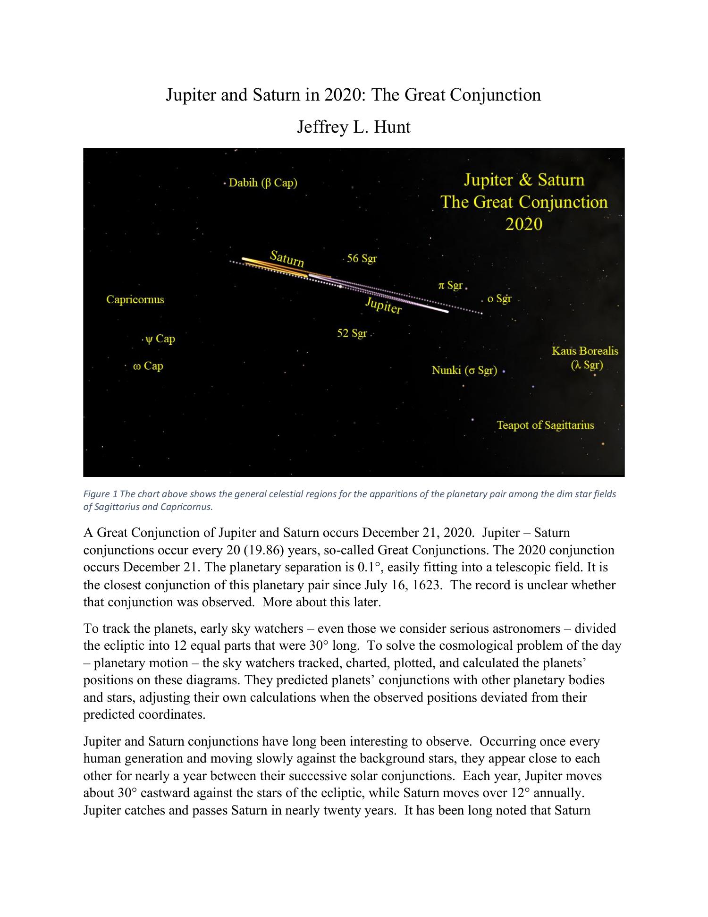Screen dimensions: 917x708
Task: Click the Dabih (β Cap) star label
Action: [x=263, y=183]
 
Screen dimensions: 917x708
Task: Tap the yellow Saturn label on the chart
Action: [x=287, y=258]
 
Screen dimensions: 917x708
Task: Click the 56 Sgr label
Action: [x=362, y=258]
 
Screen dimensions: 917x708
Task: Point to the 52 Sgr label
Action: [x=352, y=333]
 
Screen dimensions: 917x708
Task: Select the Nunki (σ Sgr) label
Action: [x=464, y=370]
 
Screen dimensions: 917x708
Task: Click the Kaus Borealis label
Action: [x=585, y=351]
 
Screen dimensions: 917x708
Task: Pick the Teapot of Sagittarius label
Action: [x=545, y=425]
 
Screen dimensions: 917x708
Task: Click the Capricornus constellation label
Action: [x=135, y=299]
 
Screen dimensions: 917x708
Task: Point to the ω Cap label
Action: [x=148, y=366]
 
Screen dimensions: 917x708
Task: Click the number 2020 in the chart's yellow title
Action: [x=524, y=224]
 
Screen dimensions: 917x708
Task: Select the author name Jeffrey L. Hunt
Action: [x=354, y=127]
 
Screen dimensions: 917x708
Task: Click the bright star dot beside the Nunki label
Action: [x=504, y=372]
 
